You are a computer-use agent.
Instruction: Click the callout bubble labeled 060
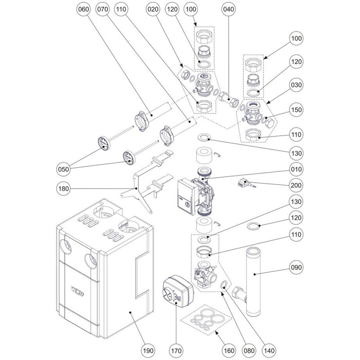(84, 10)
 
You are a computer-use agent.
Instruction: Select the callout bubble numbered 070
(103, 10)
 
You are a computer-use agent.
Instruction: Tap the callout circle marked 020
(154, 10)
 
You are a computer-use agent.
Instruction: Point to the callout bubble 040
(228, 10)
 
